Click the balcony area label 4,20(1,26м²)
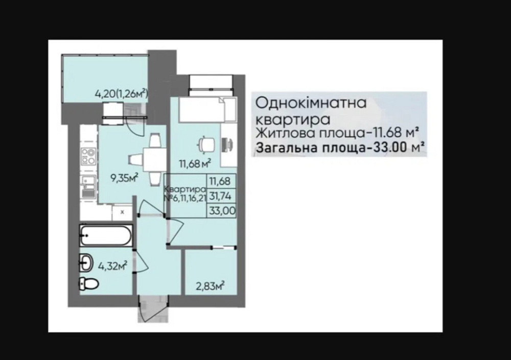(121, 93)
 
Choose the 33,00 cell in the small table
(220, 209)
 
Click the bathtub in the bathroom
(106, 235)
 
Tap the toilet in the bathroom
(88, 284)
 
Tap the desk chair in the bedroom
(206, 145)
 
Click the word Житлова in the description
(278, 134)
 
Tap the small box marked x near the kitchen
(122, 211)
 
